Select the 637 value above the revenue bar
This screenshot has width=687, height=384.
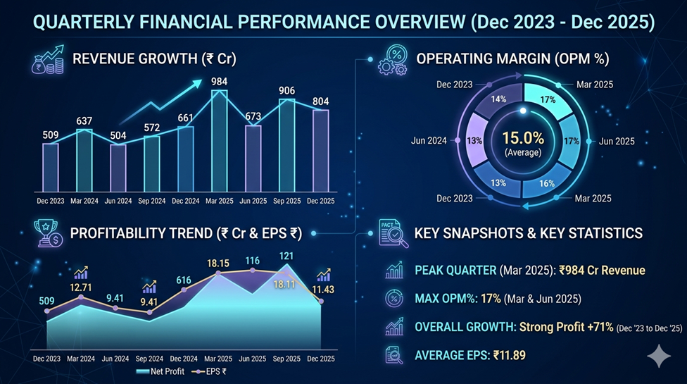click(x=84, y=121)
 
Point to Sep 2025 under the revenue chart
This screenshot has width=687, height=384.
click(x=286, y=201)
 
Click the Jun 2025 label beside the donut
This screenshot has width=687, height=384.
click(x=617, y=141)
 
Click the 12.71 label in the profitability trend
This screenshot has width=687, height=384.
click(x=82, y=287)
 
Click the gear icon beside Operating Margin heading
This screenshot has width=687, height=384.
click(x=391, y=58)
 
